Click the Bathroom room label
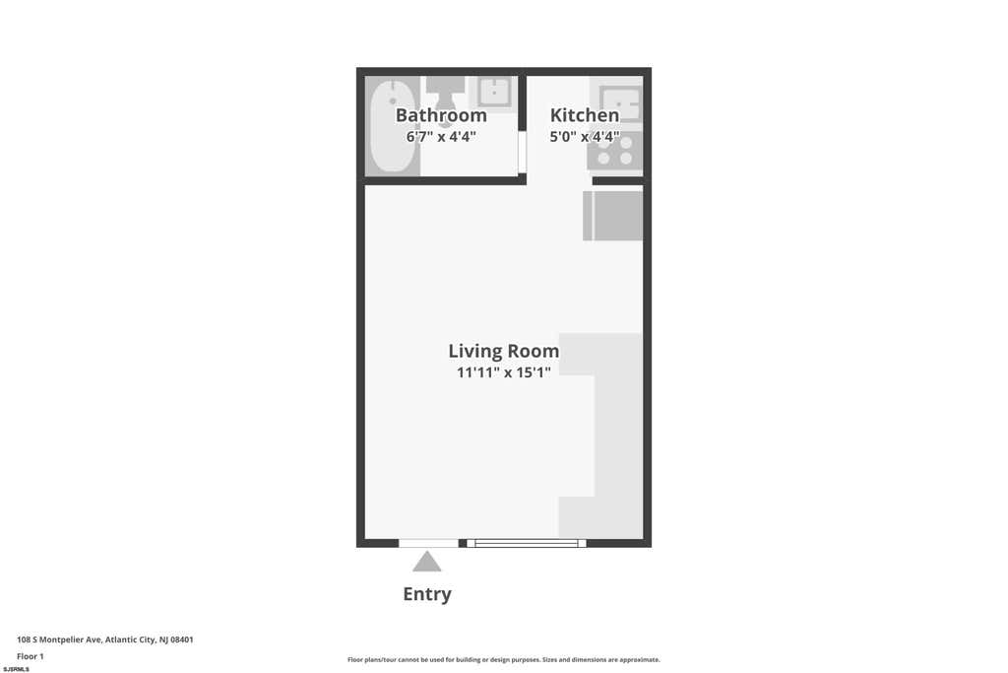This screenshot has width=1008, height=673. coord(441,115)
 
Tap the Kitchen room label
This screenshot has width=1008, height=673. coord(585,115)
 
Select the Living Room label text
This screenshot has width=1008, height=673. coord(503,352)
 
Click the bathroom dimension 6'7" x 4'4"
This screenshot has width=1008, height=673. coord(441,136)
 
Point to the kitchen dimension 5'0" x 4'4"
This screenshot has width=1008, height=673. coord(585,136)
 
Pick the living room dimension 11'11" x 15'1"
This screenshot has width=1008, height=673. coord(503,372)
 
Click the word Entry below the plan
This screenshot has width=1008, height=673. coord(427,594)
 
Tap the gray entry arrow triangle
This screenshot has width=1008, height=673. coord(427,562)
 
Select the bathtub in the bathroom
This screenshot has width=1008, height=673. coord(392,126)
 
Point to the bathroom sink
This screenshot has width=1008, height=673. coord(494,92)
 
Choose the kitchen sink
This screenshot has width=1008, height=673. coord(619,102)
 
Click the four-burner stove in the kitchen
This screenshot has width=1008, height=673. coord(615,151)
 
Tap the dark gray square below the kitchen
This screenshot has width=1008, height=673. coord(612,216)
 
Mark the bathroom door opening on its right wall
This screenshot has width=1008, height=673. coord(523,152)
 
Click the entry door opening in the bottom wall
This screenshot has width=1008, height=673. coord(428,544)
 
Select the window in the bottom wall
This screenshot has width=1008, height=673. coord(527,544)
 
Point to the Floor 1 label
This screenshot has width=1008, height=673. coord(31,656)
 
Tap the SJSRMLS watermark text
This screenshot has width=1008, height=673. coord(16,669)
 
